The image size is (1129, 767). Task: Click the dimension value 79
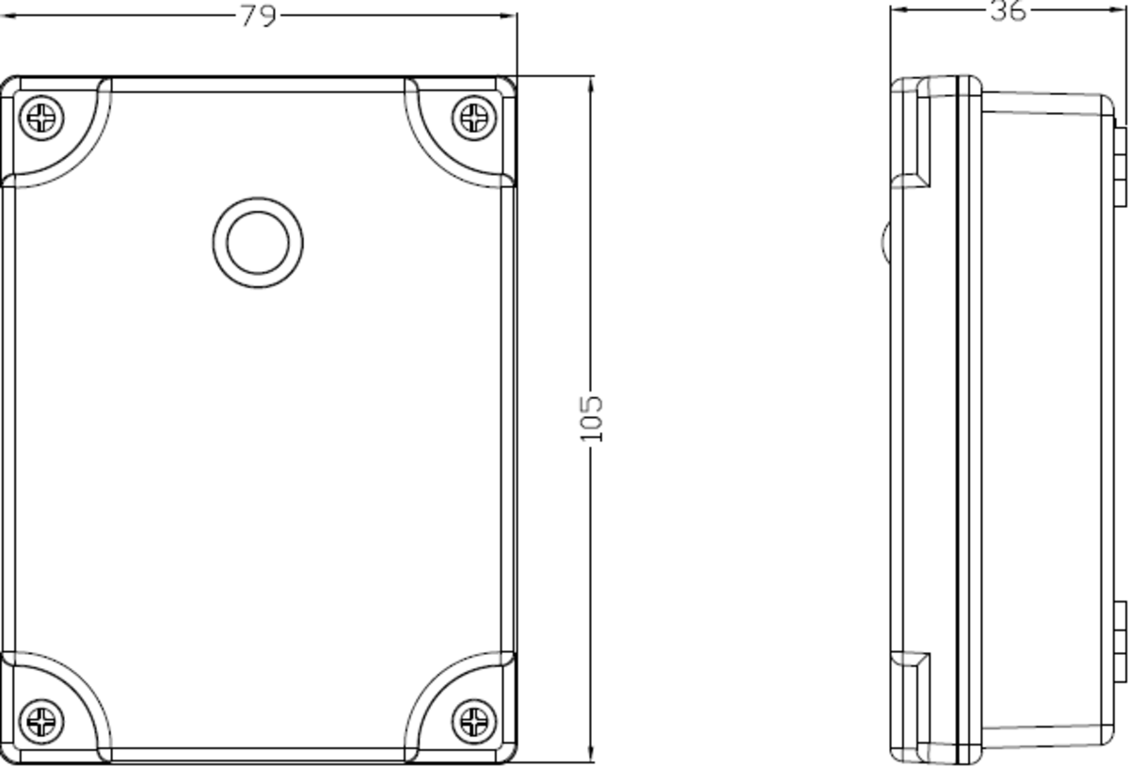pos(258,16)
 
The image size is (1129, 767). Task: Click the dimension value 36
pos(1008,11)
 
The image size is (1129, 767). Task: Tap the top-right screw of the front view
pos(473,119)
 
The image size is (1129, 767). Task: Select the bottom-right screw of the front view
pos(473,722)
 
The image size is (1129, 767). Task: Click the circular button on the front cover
pos(258,242)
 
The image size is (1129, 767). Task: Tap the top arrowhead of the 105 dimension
pos(591,83)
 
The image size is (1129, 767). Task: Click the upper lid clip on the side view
pos(909,132)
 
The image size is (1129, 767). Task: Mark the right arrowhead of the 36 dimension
pos(1121,10)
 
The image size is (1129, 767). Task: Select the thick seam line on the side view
pos(958,419)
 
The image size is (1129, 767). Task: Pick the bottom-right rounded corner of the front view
pos(508,753)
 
